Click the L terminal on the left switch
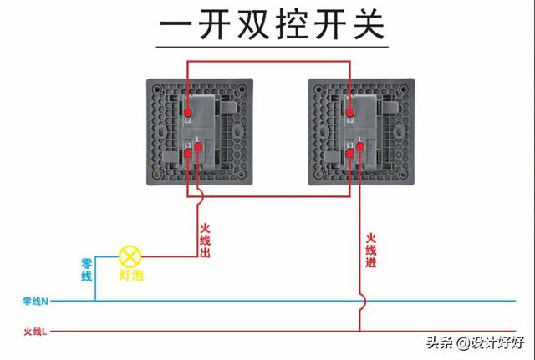199,149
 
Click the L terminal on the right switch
361,149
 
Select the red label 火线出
204,240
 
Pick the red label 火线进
370,251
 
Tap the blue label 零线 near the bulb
86,270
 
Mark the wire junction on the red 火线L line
360,331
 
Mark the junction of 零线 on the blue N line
94,300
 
